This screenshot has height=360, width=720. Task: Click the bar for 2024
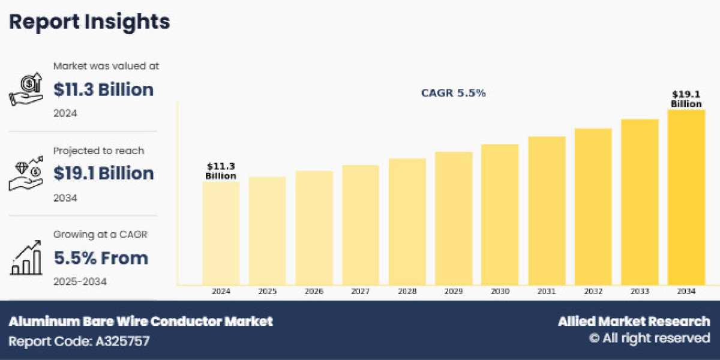[x=221, y=233]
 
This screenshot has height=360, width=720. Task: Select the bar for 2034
[x=686, y=197]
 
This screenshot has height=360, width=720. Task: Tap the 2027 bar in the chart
[x=361, y=225]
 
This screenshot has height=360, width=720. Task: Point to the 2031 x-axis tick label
[x=547, y=291]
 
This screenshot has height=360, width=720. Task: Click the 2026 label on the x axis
[x=314, y=291]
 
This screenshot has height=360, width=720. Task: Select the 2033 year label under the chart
[x=640, y=291]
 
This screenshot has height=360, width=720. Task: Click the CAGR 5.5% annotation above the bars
[x=453, y=94]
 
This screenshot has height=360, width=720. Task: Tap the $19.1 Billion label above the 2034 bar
[x=686, y=99]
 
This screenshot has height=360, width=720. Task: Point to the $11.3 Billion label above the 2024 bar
[x=221, y=170]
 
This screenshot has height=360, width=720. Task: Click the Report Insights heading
[x=89, y=22]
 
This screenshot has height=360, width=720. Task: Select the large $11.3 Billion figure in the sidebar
[x=103, y=89]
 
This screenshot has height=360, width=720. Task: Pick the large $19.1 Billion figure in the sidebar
[x=103, y=173]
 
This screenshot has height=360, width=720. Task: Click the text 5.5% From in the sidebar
[x=101, y=258]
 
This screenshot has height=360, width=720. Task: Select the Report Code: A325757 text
[x=79, y=341]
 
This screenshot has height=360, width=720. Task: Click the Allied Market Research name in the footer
[x=634, y=321]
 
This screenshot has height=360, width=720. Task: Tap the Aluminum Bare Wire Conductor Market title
[x=140, y=321]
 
